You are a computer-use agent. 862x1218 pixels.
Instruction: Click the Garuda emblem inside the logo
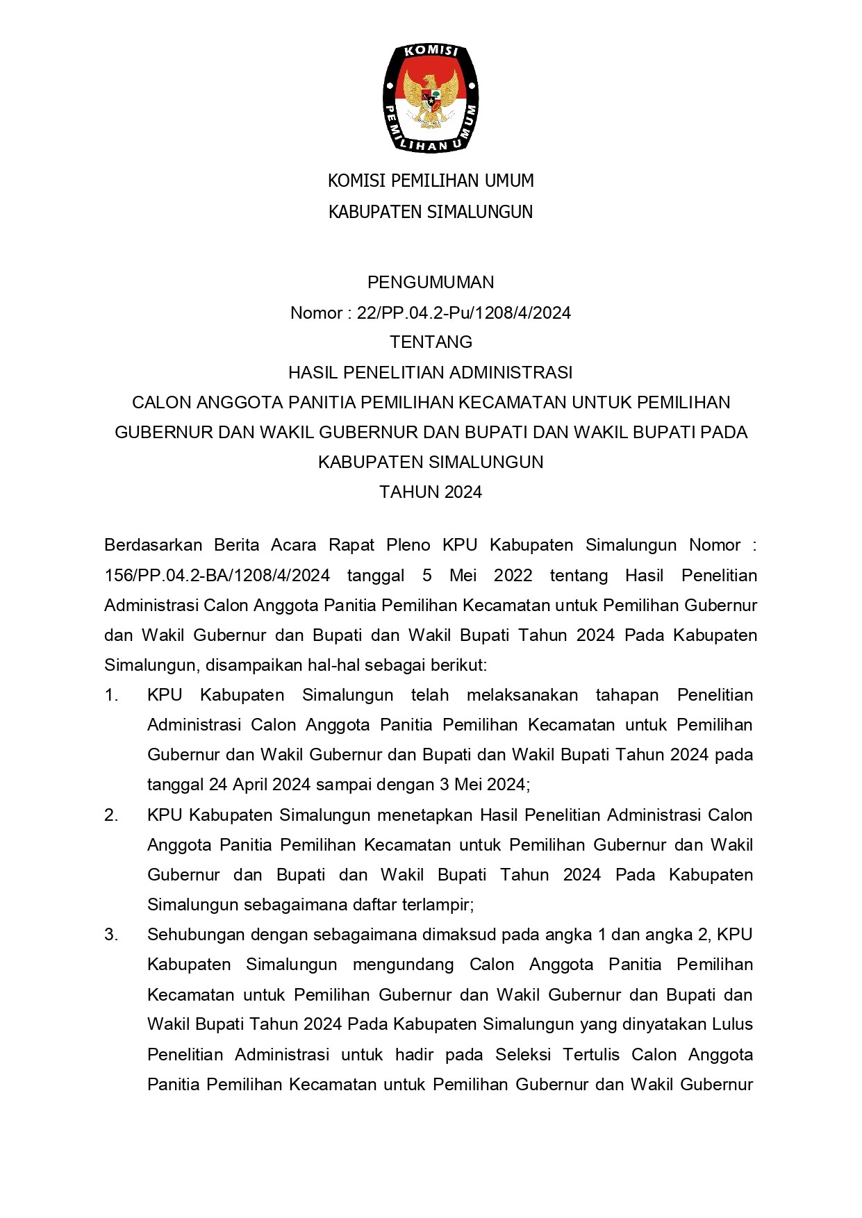coord(431,98)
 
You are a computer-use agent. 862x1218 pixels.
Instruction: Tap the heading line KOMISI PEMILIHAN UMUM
coord(431,181)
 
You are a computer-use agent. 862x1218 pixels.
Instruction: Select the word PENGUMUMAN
coord(431,282)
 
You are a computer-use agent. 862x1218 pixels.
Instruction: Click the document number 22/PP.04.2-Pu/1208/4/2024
coord(463,313)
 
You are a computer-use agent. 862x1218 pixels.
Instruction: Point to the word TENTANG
coord(431,342)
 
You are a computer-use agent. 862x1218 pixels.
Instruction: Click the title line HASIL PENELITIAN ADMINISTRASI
coord(431,372)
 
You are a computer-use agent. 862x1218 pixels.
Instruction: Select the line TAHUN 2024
coord(431,492)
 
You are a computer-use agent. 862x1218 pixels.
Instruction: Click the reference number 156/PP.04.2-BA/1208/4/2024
coord(217,576)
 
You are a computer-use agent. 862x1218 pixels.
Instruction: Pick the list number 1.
coord(111,695)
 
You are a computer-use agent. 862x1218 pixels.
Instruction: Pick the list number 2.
coord(111,815)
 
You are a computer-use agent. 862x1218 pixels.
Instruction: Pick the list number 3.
coord(111,935)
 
